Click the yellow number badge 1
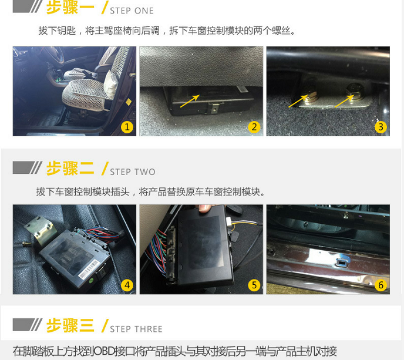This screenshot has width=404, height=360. [x=127, y=127]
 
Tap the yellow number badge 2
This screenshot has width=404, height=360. [x=254, y=127]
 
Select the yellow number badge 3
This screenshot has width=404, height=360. [x=381, y=127]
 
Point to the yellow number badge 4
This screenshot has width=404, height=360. [x=127, y=285]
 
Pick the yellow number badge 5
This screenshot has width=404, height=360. [x=254, y=285]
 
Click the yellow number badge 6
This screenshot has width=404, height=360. [x=381, y=285]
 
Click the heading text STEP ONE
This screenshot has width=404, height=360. [x=132, y=11]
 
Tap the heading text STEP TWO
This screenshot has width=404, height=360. [x=133, y=172]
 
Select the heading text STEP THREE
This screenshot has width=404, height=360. [x=136, y=329]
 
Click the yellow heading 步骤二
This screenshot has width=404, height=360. [x=70, y=169]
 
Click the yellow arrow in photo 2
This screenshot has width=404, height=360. [x=190, y=101]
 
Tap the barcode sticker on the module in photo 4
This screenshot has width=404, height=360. [x=88, y=269]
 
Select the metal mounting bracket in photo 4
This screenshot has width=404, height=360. [x=41, y=230]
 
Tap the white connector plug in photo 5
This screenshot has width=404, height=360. [x=230, y=221]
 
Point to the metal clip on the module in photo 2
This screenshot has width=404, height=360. [x=215, y=108]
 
